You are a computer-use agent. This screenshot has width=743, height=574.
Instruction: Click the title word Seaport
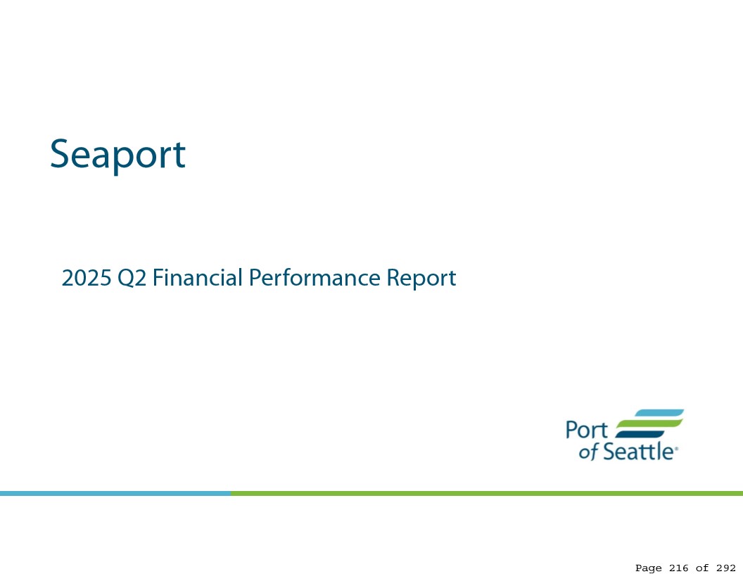coord(118,155)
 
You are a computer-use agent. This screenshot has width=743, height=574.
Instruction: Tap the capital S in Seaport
coord(60,154)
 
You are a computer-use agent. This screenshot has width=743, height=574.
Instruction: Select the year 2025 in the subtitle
coord(87,278)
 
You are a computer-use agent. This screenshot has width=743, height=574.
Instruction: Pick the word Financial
coord(198,277)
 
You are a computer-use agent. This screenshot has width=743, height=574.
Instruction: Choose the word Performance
coord(315,277)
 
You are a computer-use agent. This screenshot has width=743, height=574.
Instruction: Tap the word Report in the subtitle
coord(421,279)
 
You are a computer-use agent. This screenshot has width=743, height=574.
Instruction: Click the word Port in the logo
coord(587,430)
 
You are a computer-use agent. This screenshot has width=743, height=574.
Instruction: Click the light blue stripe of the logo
coord(659,413)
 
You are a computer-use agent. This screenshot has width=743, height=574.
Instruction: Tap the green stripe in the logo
coord(649,424)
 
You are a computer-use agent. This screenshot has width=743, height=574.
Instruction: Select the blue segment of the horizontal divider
coord(115,493)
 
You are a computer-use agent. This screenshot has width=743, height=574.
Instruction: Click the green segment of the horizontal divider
coord(487,493)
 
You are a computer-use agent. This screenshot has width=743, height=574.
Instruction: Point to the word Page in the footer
coord(648,568)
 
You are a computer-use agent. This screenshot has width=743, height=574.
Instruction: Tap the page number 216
coord(678,568)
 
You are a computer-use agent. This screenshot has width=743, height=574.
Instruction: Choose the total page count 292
coord(726,568)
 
